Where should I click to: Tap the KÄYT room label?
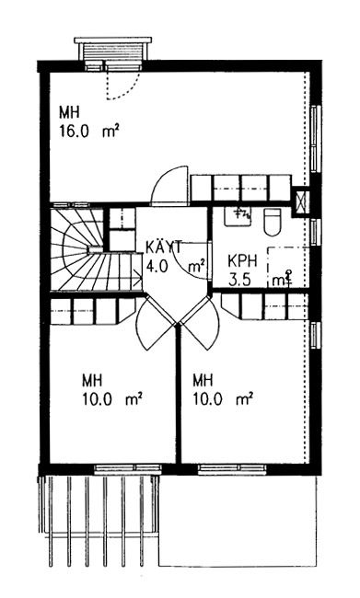(x=164, y=247)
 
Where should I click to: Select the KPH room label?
(x=242, y=261)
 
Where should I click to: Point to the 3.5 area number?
(x=239, y=281)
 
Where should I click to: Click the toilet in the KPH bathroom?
(x=273, y=223)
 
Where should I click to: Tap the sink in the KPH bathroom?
(x=237, y=216)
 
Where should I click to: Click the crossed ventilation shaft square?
(x=300, y=201)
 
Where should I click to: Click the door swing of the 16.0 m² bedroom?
(x=170, y=184)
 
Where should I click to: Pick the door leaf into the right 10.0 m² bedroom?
(x=199, y=323)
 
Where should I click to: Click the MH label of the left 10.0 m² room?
(x=92, y=381)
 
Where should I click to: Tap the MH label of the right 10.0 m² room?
(x=203, y=381)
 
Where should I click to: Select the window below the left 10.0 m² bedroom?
(x=128, y=468)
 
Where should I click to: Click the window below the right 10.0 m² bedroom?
(x=233, y=468)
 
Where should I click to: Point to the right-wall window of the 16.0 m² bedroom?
(x=315, y=139)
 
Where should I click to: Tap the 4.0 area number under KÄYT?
(x=157, y=266)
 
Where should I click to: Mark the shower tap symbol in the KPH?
(x=289, y=277)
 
